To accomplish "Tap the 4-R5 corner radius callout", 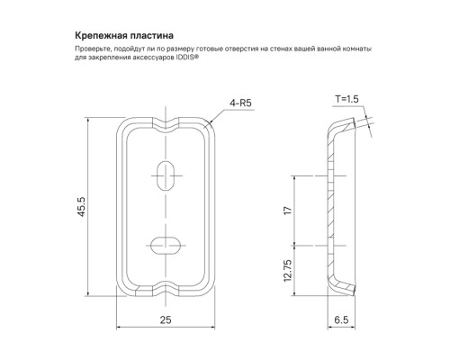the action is click(x=240, y=103).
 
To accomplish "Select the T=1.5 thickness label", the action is click(x=346, y=99).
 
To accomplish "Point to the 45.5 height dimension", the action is click(x=81, y=207).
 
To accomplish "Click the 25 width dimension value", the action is click(x=166, y=319).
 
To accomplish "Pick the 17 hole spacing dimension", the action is click(x=287, y=211).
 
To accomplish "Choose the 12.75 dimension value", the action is click(x=287, y=270).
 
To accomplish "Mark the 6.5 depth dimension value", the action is click(x=341, y=319).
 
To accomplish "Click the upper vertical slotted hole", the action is click(x=166, y=175).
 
